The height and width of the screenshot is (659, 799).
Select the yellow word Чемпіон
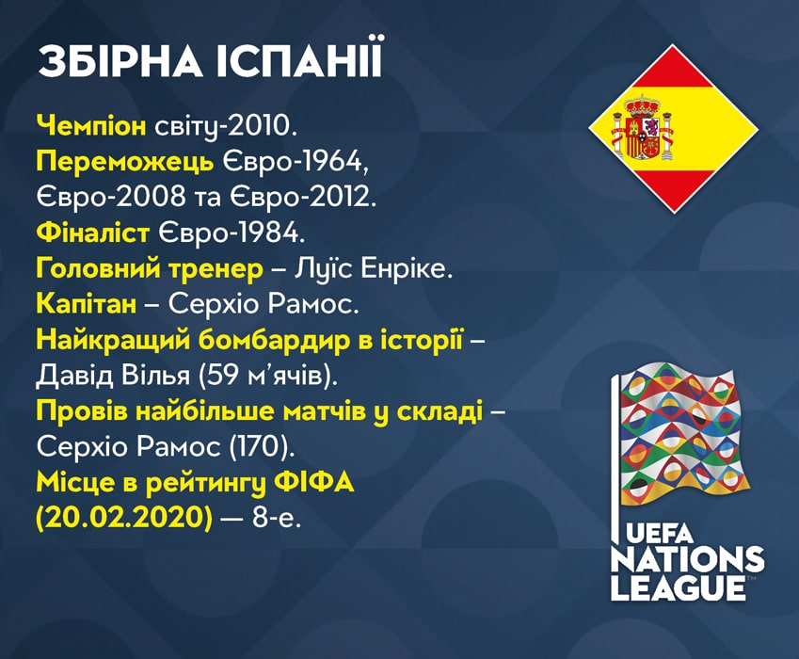coord(91,126)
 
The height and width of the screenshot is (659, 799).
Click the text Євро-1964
coord(296,162)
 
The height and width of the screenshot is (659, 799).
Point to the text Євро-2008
coord(111,198)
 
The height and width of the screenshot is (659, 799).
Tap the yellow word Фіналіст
coord(93,233)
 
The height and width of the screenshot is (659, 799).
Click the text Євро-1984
coord(232,233)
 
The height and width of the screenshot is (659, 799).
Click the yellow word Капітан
coord(87,304)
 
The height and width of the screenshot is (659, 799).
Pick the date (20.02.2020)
coord(124,519)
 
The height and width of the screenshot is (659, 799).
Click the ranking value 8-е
coord(276,519)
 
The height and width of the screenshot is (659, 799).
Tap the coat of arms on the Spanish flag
coord(643,128)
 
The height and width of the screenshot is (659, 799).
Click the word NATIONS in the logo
coord(688,559)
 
